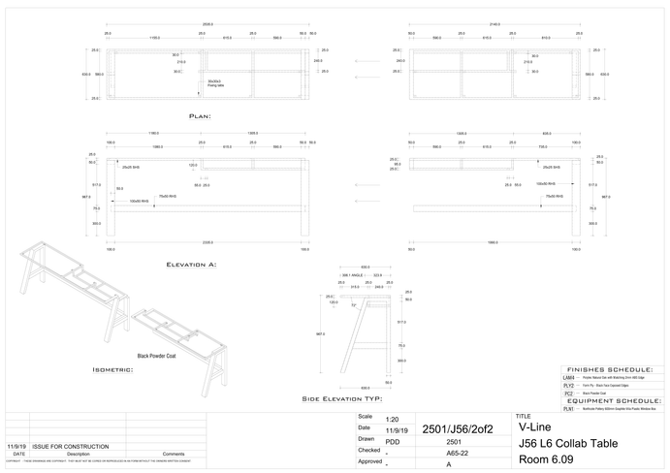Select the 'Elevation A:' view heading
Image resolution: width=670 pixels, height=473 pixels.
point(191,264)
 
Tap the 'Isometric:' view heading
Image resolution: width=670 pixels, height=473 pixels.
point(119,369)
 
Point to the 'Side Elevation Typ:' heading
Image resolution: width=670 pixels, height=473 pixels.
point(344,398)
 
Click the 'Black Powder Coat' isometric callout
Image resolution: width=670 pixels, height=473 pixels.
point(156,356)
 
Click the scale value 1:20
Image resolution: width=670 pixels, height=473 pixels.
point(392,418)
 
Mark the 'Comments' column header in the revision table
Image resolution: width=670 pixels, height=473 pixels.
point(174,454)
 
